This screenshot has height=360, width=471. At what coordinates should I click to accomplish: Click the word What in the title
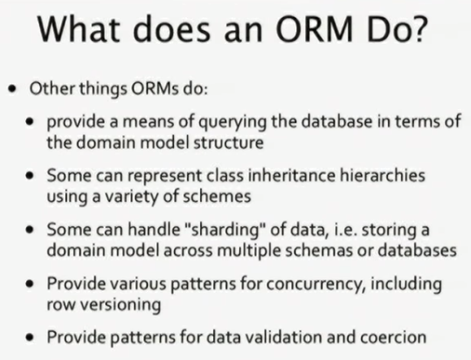tap(79, 29)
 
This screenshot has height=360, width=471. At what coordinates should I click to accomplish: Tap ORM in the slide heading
tap(314, 29)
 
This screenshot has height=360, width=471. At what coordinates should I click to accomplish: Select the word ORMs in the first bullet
tap(155, 88)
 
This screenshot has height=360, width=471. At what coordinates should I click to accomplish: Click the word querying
tap(232, 122)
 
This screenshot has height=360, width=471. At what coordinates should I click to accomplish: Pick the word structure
tap(229, 142)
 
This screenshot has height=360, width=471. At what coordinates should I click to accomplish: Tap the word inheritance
tap(292, 175)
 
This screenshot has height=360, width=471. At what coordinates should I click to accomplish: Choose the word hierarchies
tap(383, 175)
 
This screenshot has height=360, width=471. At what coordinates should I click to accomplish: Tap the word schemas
tap(319, 251)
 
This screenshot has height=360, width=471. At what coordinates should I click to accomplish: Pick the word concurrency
tap(316, 284)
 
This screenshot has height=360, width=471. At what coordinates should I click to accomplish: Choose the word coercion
tap(393, 337)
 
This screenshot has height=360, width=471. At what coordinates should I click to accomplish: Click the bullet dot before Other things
tap(12, 89)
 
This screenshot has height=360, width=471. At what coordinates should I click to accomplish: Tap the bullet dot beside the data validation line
tap(30, 338)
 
